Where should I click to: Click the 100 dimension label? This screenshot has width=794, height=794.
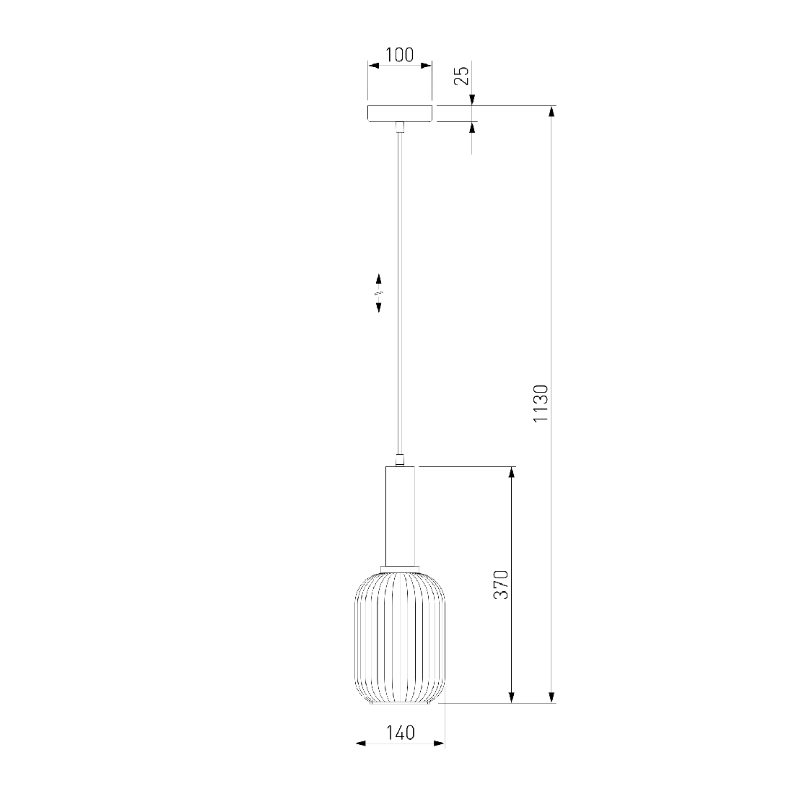click(x=400, y=55)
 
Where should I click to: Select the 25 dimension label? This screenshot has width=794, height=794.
click(x=461, y=76)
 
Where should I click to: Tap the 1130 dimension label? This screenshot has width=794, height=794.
click(x=541, y=403)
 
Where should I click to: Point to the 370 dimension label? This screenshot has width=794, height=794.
click(x=501, y=585)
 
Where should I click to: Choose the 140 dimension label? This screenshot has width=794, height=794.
click(x=401, y=733)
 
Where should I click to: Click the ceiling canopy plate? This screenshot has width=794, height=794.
click(x=400, y=113)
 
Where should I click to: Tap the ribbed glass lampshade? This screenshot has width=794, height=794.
click(x=400, y=637)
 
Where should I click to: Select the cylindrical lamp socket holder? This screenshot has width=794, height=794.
click(x=400, y=516)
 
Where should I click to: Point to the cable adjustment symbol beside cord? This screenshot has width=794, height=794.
click(x=379, y=292)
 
